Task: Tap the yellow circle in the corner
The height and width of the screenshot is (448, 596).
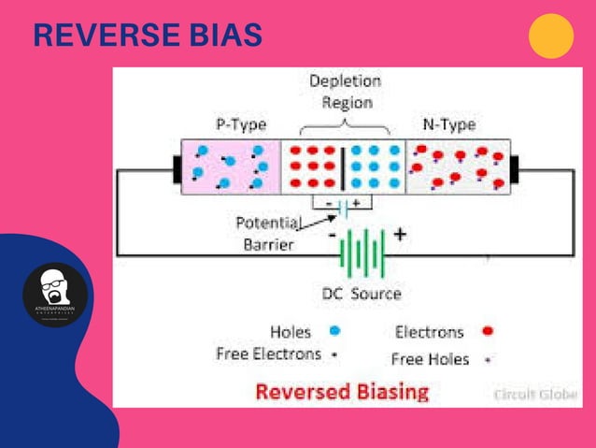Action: [550, 36]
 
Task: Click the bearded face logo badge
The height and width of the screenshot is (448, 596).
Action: [55, 295]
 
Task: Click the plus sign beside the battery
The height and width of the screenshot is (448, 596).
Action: [399, 235]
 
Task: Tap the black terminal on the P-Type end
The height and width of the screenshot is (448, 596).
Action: [176, 167]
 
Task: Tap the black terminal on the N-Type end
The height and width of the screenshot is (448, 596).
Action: [513, 167]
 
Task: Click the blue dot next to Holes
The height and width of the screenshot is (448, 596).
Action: [334, 331]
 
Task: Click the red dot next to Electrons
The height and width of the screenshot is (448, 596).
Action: [488, 331]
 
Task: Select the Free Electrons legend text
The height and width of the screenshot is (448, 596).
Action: [268, 354]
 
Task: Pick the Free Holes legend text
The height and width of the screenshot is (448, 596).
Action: [431, 358]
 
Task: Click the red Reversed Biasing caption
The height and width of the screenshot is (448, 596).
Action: [342, 391]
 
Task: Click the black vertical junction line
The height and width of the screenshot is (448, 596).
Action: [347, 166]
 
